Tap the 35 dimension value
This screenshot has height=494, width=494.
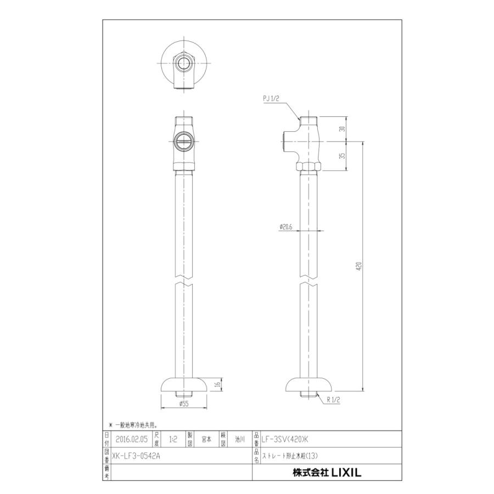pos(343,156)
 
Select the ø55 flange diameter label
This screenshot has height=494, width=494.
pos(184,404)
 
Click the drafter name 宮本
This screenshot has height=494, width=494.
pos(206,439)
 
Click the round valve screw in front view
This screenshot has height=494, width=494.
pos(183,142)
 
